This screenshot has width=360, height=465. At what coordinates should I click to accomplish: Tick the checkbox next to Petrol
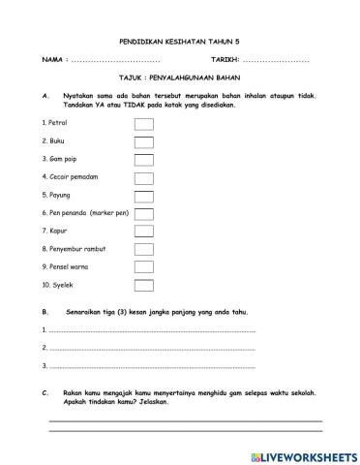point(143,124)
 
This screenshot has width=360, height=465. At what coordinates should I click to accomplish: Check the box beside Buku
point(143,142)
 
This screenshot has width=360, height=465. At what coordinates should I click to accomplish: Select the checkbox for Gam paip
point(143,160)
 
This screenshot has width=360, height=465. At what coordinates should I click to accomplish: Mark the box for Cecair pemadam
point(143,177)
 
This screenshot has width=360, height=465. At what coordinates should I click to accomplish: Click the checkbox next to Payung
point(143,195)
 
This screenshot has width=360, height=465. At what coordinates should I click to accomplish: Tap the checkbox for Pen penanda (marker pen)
point(143,213)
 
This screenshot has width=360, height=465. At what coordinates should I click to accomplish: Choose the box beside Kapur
point(143,231)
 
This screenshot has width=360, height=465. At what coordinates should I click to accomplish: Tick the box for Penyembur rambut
point(143,249)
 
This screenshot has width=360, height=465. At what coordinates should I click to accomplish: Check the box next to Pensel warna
point(143,266)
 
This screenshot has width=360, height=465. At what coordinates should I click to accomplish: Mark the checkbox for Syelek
point(143,285)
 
